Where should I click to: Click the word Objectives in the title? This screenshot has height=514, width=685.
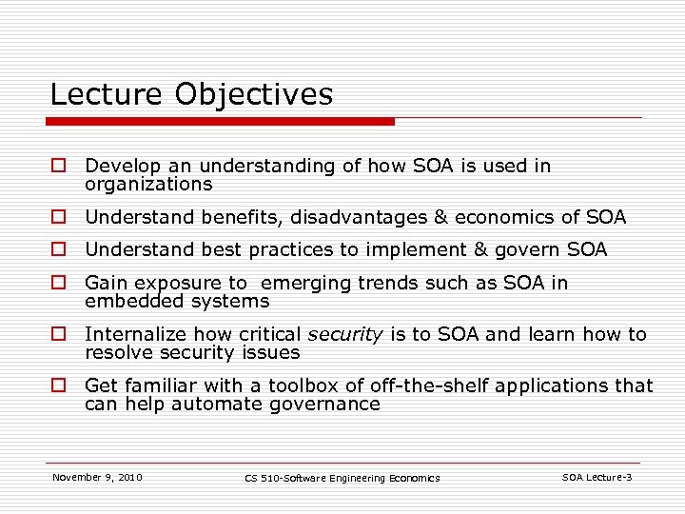coord(255,95)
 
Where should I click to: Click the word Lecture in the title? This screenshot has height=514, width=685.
coord(107,94)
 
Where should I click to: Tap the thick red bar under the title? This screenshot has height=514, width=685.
coord(220,122)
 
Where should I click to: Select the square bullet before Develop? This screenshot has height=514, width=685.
coord(58,167)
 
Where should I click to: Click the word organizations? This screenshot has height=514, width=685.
coord(148,184)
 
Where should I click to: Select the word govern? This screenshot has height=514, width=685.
coord(536,250)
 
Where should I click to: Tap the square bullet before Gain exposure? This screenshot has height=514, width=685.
coord(58,284)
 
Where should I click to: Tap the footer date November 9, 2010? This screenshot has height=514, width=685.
coord(97,477)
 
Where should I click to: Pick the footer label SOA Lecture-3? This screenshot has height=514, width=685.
coord(597,477)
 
